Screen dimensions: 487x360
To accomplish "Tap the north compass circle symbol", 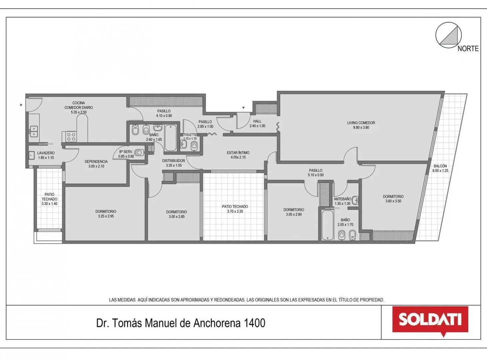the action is pyautogui.click(x=448, y=35).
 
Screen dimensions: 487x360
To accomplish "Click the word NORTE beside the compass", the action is pyautogui.click(x=468, y=49).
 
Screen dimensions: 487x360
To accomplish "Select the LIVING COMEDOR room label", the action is pyautogui.click(x=361, y=123).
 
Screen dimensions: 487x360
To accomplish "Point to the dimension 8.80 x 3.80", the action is pyautogui.click(x=361, y=127).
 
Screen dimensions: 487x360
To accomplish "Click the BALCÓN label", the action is pyautogui.click(x=440, y=166).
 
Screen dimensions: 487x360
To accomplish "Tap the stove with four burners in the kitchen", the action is pyautogui.click(x=69, y=136).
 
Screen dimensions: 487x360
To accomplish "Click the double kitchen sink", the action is pyautogui.click(x=34, y=131).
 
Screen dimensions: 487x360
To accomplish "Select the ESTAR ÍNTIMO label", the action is pyautogui.click(x=238, y=152).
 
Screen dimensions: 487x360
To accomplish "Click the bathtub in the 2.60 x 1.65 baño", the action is pyautogui.click(x=171, y=138).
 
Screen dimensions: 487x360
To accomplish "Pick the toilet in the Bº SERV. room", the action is pyautogui.click(x=139, y=152).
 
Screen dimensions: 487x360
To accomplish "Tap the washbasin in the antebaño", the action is pyautogui.click(x=355, y=200).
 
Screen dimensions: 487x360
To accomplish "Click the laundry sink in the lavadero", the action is pyautogui.click(x=32, y=155).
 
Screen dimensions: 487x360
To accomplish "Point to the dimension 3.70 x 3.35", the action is pyautogui.click(x=235, y=211).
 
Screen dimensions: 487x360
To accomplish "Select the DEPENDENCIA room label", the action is pyautogui.click(x=96, y=161).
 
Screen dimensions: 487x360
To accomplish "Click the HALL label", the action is pyautogui.click(x=257, y=121).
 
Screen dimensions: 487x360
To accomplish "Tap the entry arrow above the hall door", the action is pyautogui.click(x=243, y=108).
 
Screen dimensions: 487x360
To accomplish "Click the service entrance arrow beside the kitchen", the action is pyautogui.click(x=21, y=105).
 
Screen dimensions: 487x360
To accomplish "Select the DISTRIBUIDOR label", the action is pyautogui.click(x=174, y=161).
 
